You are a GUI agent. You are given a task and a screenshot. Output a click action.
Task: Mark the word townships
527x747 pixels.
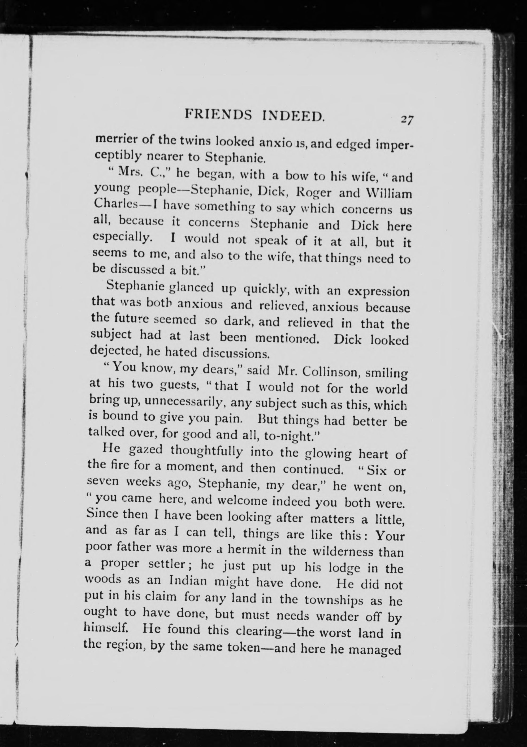tap(335, 600)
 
